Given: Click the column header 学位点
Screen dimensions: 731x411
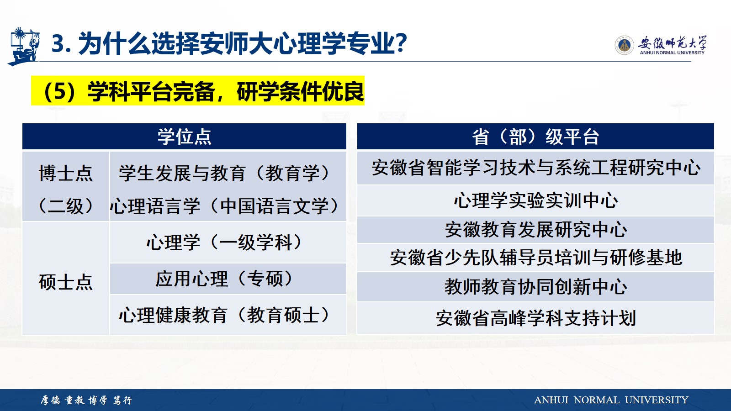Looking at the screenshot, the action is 185,137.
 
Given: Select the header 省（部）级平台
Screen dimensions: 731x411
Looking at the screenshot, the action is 535,137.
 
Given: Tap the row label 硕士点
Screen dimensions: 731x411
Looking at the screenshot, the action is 66,282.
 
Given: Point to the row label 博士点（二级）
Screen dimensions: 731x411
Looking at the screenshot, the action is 66,189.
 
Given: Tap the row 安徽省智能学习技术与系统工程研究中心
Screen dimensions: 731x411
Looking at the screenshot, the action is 535,168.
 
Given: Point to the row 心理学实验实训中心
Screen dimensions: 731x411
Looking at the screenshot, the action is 535,200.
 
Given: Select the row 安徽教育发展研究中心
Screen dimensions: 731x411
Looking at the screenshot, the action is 535,229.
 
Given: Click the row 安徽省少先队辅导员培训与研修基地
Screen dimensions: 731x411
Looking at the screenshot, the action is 535,258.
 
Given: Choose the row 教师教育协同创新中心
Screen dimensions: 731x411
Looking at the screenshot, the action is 535,287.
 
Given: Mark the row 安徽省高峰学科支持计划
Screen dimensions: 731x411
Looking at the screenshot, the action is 535,318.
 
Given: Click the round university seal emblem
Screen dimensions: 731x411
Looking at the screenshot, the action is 624,45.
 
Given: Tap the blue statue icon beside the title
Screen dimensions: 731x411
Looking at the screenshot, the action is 23,46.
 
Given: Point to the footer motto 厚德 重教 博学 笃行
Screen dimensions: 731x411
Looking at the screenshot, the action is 86,400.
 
